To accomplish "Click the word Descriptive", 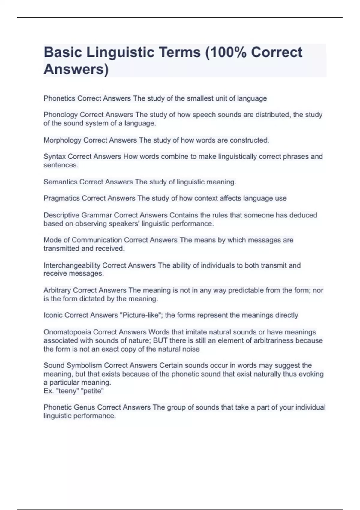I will [61, 215].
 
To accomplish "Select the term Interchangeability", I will [72, 265].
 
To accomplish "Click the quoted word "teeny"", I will [67, 391].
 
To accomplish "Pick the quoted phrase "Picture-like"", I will [141, 315].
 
